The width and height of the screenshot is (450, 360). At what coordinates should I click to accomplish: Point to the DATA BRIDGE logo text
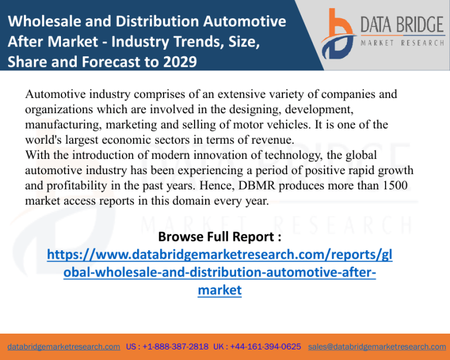[401, 25]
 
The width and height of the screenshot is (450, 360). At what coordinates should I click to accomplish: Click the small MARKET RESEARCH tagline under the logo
[401, 43]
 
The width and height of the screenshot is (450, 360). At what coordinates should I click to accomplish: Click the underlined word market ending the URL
[219, 290]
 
